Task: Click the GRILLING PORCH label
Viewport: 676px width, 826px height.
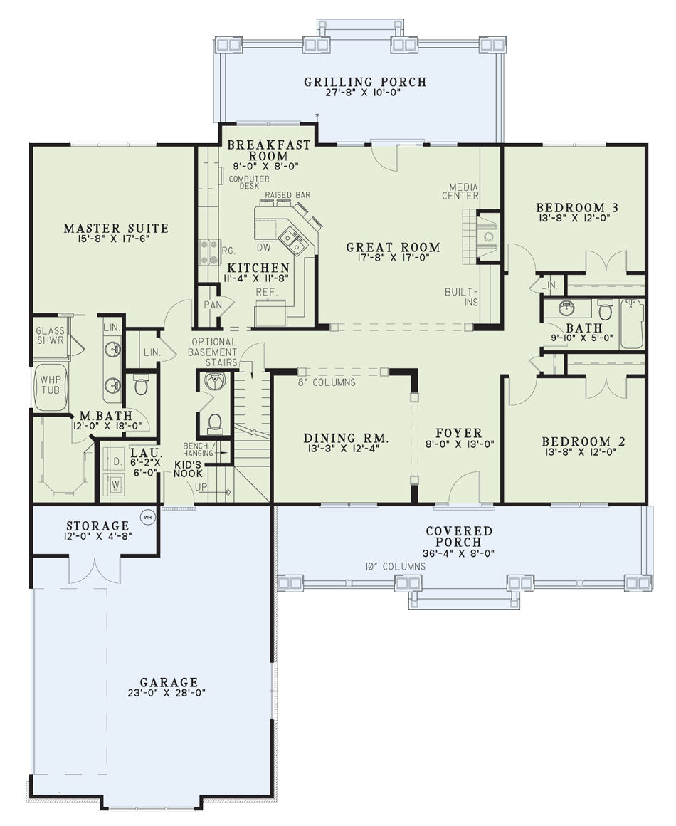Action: click(365, 82)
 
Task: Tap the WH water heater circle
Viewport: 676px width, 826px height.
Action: click(148, 517)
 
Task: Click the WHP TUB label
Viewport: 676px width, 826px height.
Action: click(51, 385)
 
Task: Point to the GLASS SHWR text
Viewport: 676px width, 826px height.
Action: click(50, 335)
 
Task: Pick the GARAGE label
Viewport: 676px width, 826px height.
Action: click(169, 683)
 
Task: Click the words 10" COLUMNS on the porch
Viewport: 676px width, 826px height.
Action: click(396, 567)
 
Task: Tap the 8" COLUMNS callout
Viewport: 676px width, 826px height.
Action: click(327, 382)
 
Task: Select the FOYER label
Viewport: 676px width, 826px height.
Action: click(459, 433)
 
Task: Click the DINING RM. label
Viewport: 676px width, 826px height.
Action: click(346, 439)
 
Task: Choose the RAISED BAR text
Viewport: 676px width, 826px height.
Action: click(287, 195)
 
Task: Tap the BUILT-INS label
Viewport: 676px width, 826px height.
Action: click(462, 297)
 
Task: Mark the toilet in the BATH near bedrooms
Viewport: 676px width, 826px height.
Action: click(606, 310)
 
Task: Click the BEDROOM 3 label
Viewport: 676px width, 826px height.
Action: click(577, 207)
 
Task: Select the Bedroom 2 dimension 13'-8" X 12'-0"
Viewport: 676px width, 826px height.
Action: click(579, 451)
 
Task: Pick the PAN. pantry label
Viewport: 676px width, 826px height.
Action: click(213, 305)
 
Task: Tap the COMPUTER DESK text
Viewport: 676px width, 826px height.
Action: click(249, 182)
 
